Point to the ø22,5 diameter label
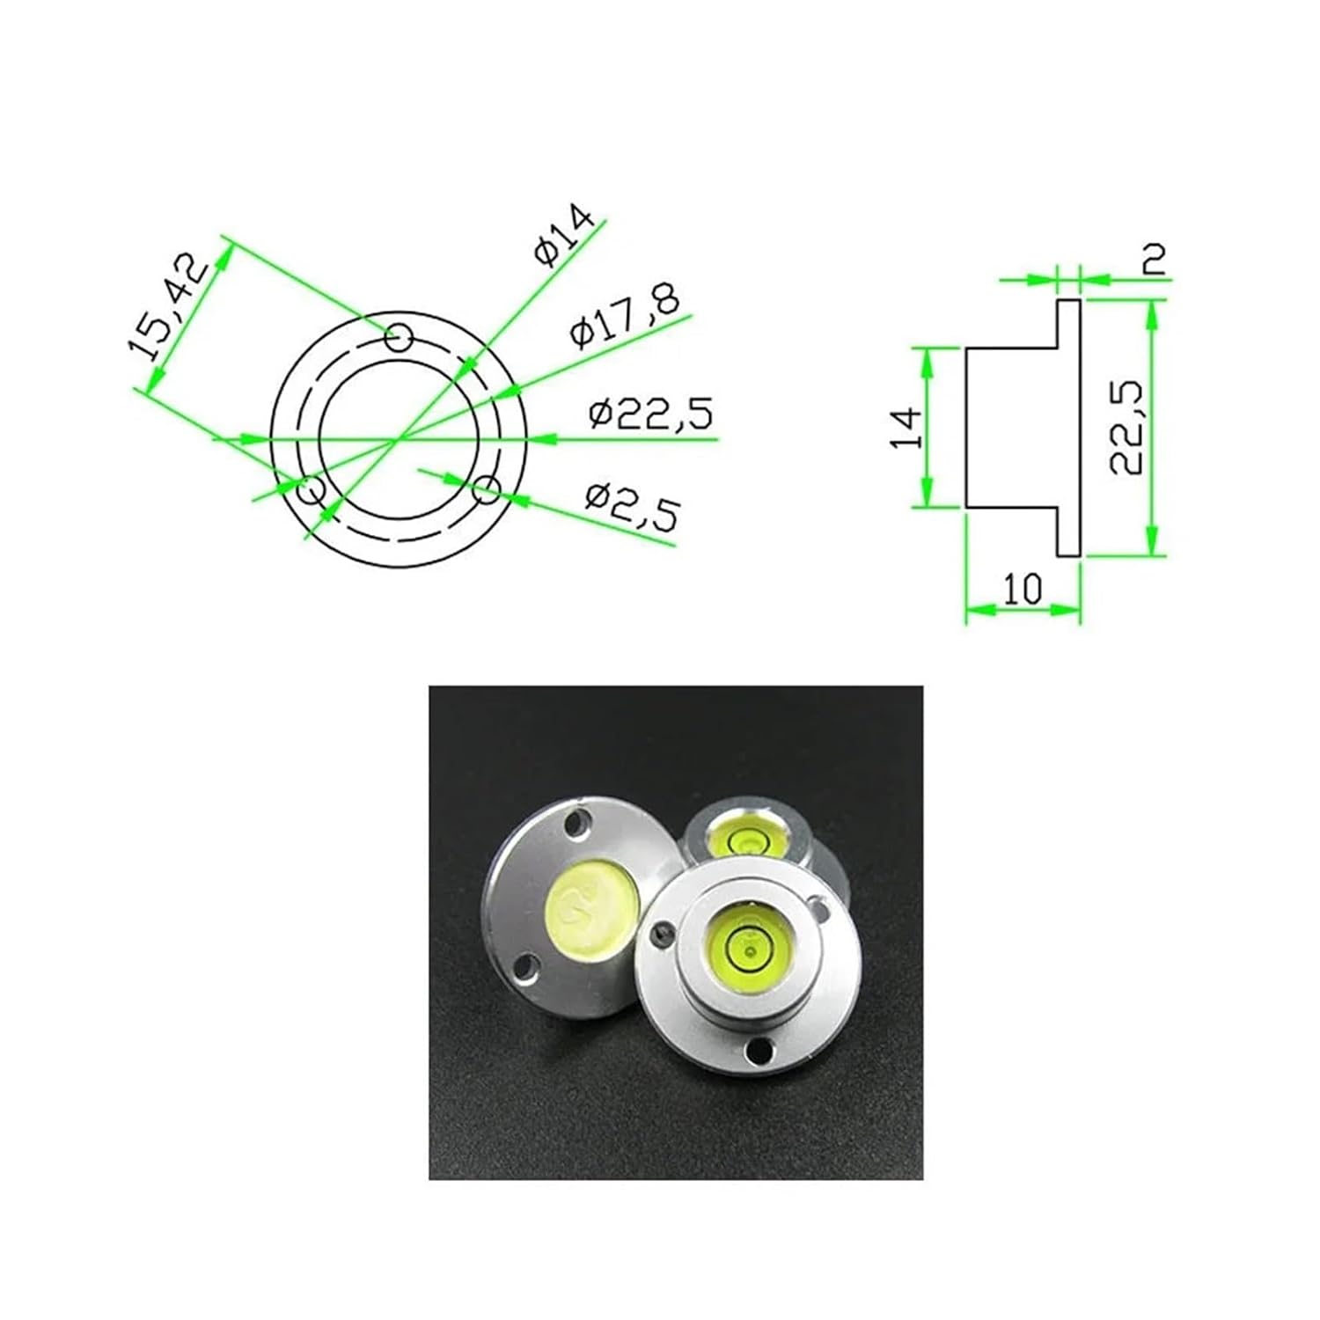click(x=650, y=413)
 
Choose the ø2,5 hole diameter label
click(x=633, y=509)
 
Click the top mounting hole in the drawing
click(x=400, y=336)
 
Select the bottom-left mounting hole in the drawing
click(x=311, y=488)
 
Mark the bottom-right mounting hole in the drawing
click(x=487, y=490)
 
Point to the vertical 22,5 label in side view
click(x=1126, y=428)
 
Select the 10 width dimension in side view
click(x=1022, y=589)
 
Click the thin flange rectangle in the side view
click(x=1067, y=428)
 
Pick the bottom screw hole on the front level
click(x=757, y=1049)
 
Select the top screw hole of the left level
click(x=576, y=829)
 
